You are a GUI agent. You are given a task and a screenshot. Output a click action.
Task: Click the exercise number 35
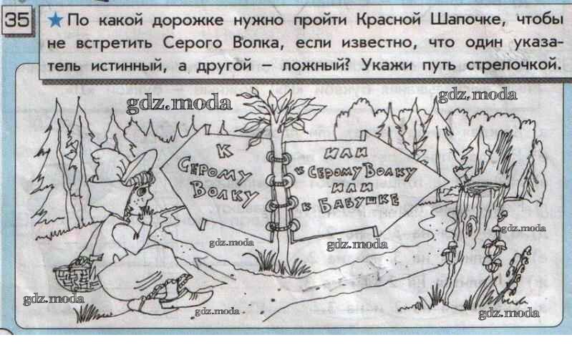pos(16,20)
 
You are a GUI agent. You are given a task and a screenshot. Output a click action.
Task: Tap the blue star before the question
pos(55,20)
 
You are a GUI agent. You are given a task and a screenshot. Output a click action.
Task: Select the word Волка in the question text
pos(256,43)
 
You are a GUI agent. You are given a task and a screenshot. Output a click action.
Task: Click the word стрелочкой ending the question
pos(513,66)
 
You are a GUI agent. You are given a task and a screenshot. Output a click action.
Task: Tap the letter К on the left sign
pos(226,150)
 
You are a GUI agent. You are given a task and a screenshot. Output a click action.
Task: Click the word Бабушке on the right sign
pos(359,203)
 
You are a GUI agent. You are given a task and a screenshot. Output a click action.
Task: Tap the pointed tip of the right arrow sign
pos(449,181)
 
